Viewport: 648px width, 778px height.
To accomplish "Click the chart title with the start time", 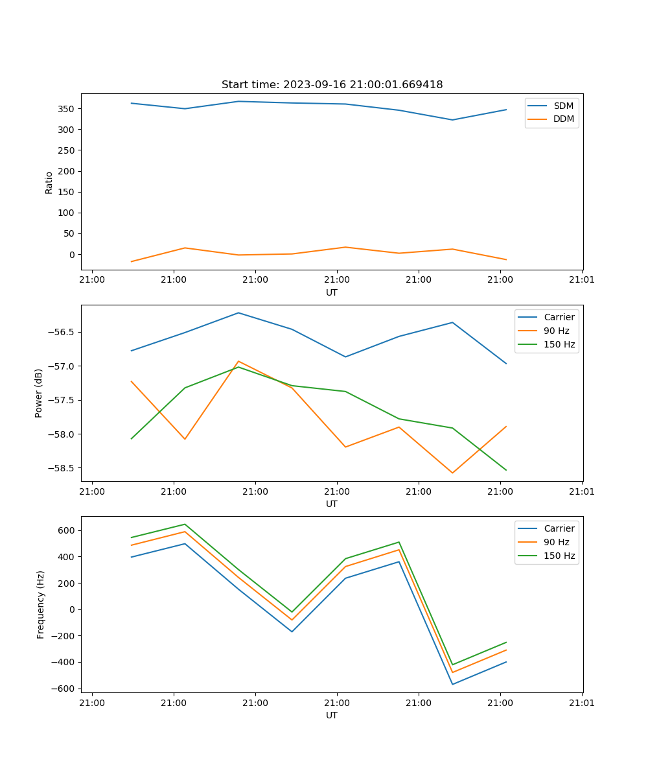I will click(332, 85).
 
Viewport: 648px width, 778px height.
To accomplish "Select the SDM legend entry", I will click(563, 106).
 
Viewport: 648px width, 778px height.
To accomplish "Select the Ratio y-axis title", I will click(49, 182).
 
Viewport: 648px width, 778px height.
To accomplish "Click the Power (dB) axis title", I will click(40, 393).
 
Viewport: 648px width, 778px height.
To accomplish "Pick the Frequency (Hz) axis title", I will click(41, 604).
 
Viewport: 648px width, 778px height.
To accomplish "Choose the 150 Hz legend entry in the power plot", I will click(559, 344).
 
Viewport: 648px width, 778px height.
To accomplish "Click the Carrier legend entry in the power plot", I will click(559, 317).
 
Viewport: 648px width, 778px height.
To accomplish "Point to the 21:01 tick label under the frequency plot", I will click(581, 701).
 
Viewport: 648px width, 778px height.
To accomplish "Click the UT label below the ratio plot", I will click(332, 292).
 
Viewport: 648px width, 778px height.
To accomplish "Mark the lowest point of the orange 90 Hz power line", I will click(452, 473).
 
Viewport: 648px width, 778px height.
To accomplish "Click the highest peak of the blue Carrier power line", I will click(238, 312).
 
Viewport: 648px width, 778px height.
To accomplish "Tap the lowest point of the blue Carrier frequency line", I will click(452, 684).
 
